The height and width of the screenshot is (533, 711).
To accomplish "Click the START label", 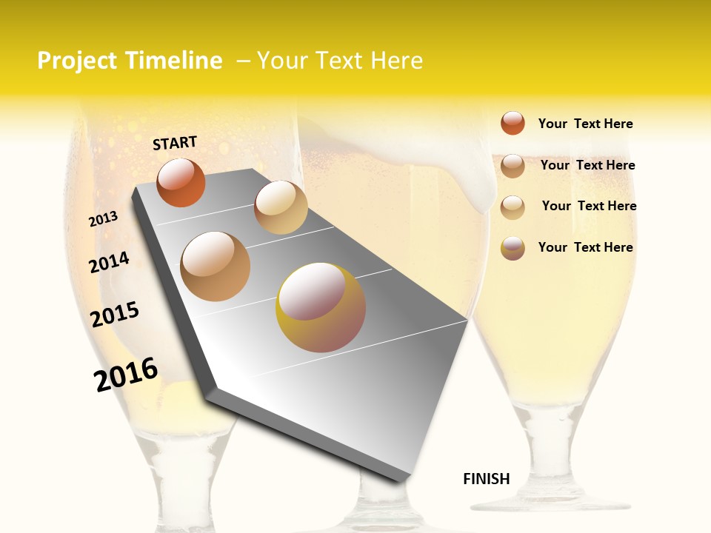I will [x=175, y=143].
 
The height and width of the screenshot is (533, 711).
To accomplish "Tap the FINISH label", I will [x=487, y=479].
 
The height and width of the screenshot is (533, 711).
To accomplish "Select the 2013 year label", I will [x=103, y=219].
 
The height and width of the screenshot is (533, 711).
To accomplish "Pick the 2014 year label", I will [x=109, y=262].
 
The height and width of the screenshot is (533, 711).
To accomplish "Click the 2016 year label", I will [x=126, y=375].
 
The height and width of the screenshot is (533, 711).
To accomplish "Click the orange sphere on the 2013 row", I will [x=181, y=182].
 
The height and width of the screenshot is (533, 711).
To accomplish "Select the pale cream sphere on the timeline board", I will [x=281, y=207].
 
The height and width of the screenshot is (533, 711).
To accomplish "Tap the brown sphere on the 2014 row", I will [x=216, y=266].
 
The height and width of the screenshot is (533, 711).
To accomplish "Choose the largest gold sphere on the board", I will [x=321, y=307].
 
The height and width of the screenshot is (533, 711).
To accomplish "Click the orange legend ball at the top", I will [x=513, y=123].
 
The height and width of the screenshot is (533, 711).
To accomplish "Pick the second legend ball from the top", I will [x=513, y=166].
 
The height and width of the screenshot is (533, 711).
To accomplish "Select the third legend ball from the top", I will [x=513, y=207].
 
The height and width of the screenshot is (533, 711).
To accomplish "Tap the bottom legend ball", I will [x=513, y=248].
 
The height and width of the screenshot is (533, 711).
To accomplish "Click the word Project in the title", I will [x=77, y=61].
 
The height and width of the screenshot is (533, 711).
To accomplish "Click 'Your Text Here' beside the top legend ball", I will [x=585, y=124].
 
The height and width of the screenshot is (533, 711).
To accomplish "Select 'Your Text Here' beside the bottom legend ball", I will [x=585, y=247].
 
